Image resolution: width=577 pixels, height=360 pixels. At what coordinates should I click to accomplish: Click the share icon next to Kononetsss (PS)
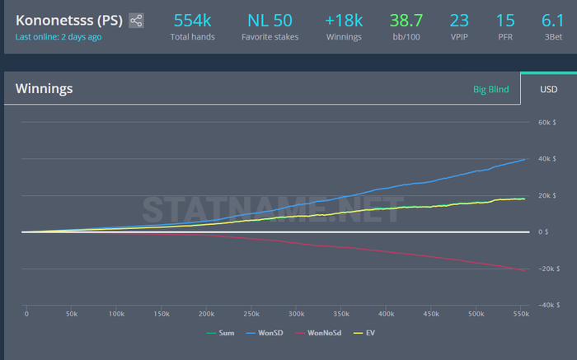pyautogui.click(x=136, y=21)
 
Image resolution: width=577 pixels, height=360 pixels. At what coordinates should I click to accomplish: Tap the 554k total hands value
pyautogui.click(x=192, y=21)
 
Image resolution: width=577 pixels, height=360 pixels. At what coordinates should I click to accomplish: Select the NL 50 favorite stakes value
pyautogui.click(x=270, y=21)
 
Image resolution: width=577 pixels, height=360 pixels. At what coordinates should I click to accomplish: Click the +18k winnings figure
pyautogui.click(x=344, y=21)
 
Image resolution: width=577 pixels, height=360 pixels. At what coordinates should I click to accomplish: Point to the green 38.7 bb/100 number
pyautogui.click(x=406, y=21)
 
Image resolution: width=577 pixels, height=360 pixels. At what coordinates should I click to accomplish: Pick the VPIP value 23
pyautogui.click(x=459, y=21)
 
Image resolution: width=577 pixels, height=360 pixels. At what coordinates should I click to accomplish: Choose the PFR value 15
pyautogui.click(x=505, y=21)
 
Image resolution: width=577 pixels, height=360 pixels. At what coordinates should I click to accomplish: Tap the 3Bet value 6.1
pyautogui.click(x=553, y=21)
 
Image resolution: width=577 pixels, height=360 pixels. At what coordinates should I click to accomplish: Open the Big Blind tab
pyautogui.click(x=491, y=89)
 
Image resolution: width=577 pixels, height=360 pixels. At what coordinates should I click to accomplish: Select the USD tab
pyautogui.click(x=549, y=89)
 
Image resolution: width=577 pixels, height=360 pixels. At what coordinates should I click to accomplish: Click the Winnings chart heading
pyautogui.click(x=45, y=89)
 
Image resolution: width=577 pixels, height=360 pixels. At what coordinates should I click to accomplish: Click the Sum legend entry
pyautogui.click(x=220, y=333)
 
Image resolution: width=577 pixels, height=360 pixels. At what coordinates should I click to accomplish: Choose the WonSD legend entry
pyautogui.click(x=265, y=333)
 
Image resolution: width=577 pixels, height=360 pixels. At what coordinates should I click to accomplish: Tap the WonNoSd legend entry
pyautogui.click(x=318, y=333)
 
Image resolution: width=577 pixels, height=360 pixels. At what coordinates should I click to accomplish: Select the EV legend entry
pyautogui.click(x=364, y=333)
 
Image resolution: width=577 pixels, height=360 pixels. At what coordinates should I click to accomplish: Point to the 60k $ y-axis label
pyautogui.click(x=547, y=123)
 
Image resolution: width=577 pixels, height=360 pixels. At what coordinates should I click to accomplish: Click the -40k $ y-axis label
pyautogui.click(x=549, y=305)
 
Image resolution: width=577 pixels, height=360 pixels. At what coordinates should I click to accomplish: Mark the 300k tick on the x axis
pyautogui.click(x=296, y=314)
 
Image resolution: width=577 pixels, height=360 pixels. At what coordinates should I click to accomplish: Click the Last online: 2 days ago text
pyautogui.click(x=59, y=37)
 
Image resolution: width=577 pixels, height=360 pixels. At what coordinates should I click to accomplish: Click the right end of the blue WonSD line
pyautogui.click(x=525, y=159)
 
